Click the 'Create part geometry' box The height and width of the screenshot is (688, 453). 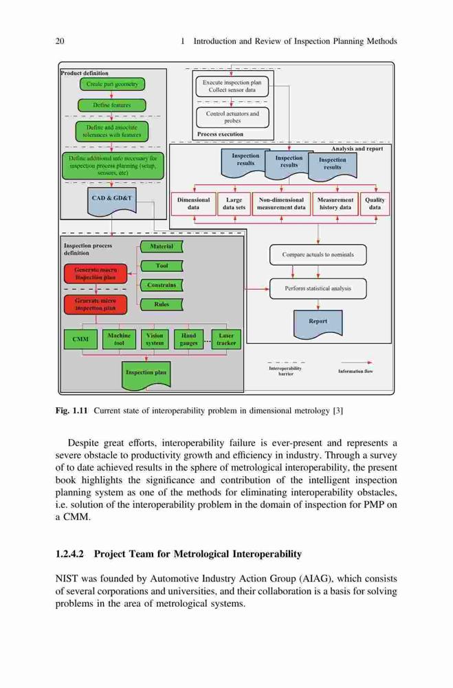click(x=112, y=84)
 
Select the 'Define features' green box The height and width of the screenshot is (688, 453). click(x=112, y=105)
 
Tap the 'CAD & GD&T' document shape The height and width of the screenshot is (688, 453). click(x=112, y=201)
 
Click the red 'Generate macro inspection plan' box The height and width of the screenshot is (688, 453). click(x=96, y=274)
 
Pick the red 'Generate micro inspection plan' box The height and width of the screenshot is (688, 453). click(x=96, y=305)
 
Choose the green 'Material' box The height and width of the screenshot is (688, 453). click(x=162, y=246)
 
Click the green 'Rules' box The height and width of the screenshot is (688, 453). click(x=162, y=305)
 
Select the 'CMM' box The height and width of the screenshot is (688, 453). click(x=80, y=339)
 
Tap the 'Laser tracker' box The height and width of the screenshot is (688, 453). click(x=226, y=339)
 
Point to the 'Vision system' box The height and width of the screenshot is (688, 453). click(x=155, y=339)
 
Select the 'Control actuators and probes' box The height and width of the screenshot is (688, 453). click(x=232, y=117)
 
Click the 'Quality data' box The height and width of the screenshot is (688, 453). click(x=375, y=204)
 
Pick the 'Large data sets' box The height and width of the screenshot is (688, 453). click(x=234, y=204)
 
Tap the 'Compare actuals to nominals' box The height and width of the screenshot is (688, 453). click(x=318, y=255)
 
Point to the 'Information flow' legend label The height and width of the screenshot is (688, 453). click(x=355, y=372)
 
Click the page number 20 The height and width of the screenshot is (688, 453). click(x=60, y=41)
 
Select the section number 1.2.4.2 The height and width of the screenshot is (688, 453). click(x=69, y=554)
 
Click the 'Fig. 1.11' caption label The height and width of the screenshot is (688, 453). click(x=72, y=411)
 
